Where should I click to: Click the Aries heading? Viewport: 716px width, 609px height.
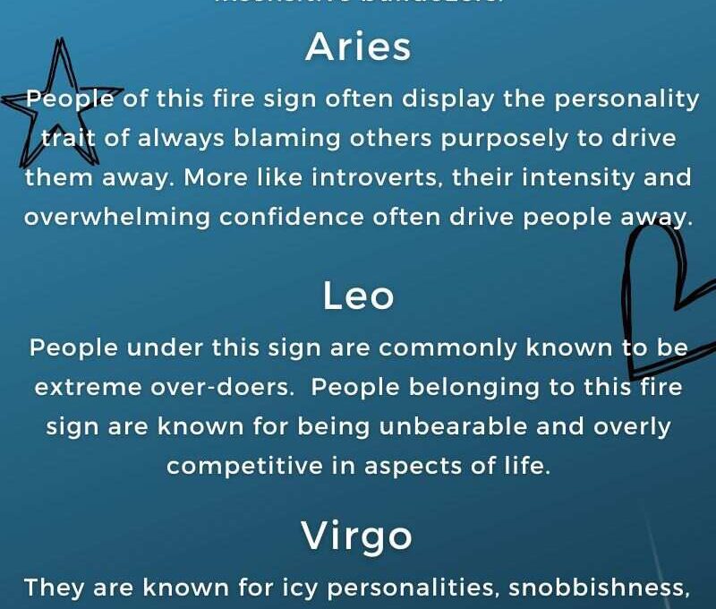tap(358, 47)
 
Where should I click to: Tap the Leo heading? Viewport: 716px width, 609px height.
tap(358, 296)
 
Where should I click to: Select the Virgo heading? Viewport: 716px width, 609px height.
tap(358, 536)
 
